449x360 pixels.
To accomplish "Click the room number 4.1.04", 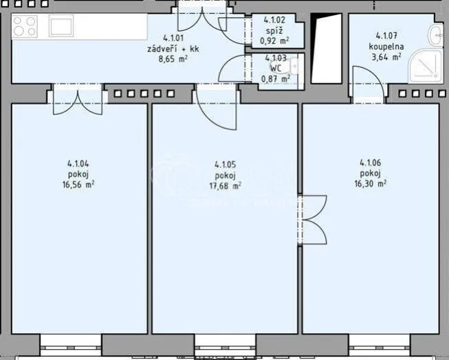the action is pyautogui.click(x=78, y=164).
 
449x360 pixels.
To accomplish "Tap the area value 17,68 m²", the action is pyautogui.click(x=225, y=185).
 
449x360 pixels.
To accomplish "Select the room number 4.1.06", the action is pyautogui.click(x=370, y=163).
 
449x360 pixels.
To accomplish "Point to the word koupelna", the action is pyautogui.click(x=386, y=46).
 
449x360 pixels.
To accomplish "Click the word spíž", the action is pyautogui.click(x=274, y=31).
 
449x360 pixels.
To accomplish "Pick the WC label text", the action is pyautogui.click(x=276, y=68).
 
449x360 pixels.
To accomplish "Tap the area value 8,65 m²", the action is pyautogui.click(x=173, y=59).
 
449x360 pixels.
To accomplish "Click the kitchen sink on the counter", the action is pyautogui.click(x=61, y=25).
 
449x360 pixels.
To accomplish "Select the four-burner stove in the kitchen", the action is pyautogui.click(x=24, y=25).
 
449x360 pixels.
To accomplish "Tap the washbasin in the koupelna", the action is pyautogui.click(x=435, y=34).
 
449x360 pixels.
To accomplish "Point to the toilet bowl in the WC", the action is pyautogui.click(x=294, y=67).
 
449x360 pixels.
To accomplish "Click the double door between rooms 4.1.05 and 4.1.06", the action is pyautogui.click(x=312, y=220).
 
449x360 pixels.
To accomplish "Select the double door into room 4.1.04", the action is pyautogui.click(x=78, y=100).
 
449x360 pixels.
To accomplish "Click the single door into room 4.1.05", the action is pyautogui.click(x=217, y=107).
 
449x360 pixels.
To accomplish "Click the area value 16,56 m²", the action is pyautogui.click(x=78, y=185).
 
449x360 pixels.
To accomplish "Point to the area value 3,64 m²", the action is pyautogui.click(x=386, y=56).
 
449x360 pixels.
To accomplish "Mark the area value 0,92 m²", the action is pyautogui.click(x=274, y=41).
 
